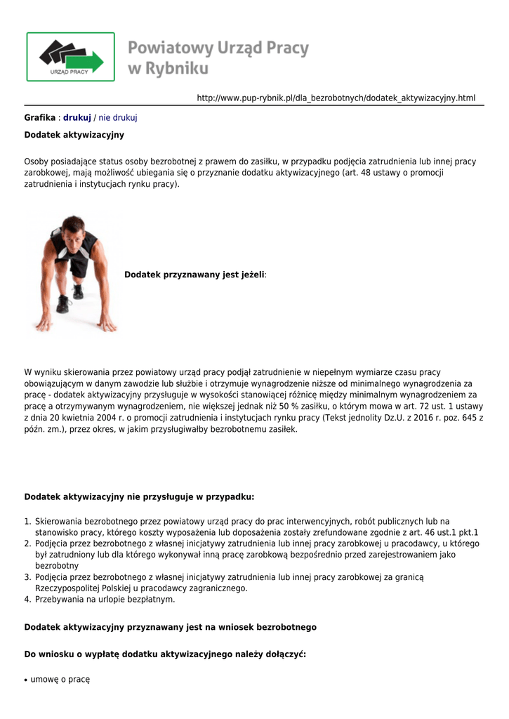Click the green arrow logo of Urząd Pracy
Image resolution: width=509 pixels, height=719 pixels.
point(70,56)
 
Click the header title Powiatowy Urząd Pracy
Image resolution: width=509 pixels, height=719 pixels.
point(218,48)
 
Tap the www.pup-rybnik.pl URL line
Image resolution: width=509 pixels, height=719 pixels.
point(336,98)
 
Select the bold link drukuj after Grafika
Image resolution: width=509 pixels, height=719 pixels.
point(77,117)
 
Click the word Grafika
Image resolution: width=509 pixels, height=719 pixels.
point(39,117)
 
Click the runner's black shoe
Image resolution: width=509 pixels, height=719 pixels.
point(63,304)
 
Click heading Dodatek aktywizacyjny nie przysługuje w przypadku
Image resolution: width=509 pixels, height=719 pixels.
point(139,496)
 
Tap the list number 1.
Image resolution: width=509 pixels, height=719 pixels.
point(27,521)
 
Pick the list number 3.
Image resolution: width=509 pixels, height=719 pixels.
point(27,577)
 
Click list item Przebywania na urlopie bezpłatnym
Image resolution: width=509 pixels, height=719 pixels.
point(105,600)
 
